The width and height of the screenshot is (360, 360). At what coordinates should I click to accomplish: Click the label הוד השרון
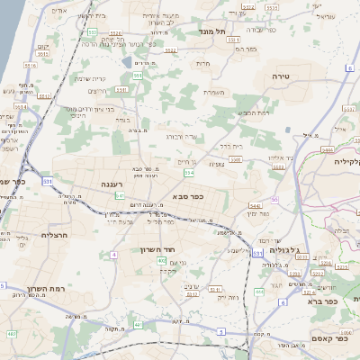pos(157,249)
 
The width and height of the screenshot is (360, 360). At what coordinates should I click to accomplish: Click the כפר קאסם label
pos(310,337)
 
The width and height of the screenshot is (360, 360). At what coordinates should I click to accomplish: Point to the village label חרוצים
pos(97,92)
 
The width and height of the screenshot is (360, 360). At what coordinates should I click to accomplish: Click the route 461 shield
pos(11,335)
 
